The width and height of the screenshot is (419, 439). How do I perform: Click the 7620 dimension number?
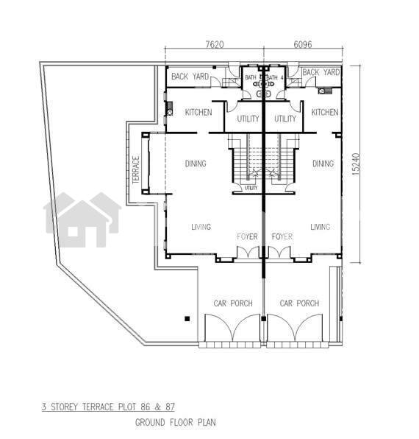coord(215,44)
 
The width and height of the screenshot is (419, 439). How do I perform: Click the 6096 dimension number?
coord(303,44)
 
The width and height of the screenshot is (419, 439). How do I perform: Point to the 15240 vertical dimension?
coord(356,164)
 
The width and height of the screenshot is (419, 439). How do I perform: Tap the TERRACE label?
coord(136,169)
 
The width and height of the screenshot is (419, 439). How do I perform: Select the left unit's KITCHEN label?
coord(198,112)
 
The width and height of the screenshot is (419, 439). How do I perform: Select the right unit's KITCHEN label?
coord(325,112)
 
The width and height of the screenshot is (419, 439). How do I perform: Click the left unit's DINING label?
coord(196,164)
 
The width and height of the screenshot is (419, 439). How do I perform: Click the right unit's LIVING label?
coord(320,227)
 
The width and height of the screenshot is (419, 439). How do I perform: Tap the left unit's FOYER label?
coord(247,236)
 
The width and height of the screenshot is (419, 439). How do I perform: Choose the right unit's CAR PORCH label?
coord(299,303)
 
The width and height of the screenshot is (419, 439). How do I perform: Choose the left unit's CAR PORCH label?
coord(233,303)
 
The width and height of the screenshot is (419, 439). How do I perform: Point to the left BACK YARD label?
coord(190,76)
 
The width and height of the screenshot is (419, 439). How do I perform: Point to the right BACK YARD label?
coord(321,72)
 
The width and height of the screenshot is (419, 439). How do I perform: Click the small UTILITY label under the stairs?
coord(251,188)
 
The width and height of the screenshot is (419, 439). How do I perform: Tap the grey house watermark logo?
coord(82,219)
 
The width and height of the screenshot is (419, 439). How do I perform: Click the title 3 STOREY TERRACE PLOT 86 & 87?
coord(108,407)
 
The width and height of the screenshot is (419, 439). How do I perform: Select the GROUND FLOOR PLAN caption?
coord(176,422)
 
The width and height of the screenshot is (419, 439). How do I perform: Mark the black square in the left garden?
coord(187,319)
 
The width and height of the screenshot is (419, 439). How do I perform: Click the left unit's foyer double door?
coord(248,252)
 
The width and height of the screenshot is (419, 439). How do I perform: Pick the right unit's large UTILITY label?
coord(285,119)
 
